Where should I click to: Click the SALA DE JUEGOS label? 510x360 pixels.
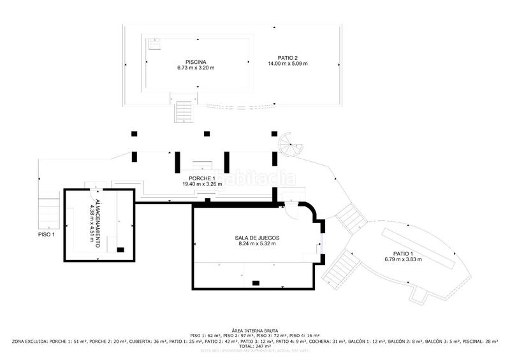click(x=257, y=238)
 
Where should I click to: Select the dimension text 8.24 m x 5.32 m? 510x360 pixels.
click(x=257, y=243)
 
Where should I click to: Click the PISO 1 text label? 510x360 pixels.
click(x=47, y=234)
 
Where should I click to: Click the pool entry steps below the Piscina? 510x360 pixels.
click(x=184, y=111)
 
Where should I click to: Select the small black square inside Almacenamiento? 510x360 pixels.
click(x=120, y=249)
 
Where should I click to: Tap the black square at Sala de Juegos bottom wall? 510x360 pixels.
click(x=256, y=282)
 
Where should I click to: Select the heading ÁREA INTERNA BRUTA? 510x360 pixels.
click(x=255, y=329)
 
